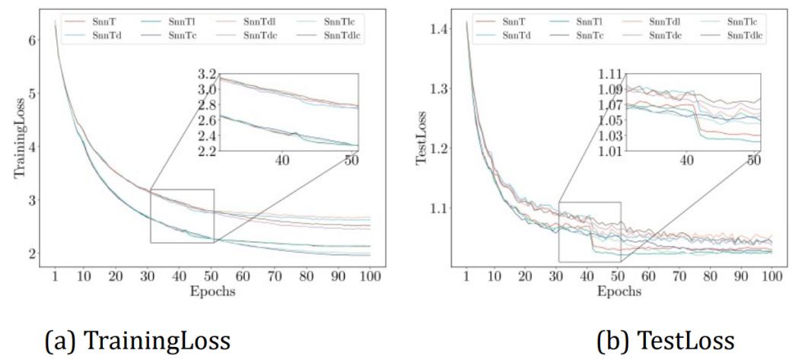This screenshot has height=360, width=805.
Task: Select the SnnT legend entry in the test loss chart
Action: pos(512,21)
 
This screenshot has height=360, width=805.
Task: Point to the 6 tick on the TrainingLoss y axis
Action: pos(32,40)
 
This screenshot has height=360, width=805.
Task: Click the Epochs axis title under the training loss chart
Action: pos(212,292)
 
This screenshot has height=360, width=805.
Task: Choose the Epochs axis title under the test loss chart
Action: pos(619,292)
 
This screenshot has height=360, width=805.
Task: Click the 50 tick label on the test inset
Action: pos(753,161)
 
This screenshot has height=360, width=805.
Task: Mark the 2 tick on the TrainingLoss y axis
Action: pos(32,253)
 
